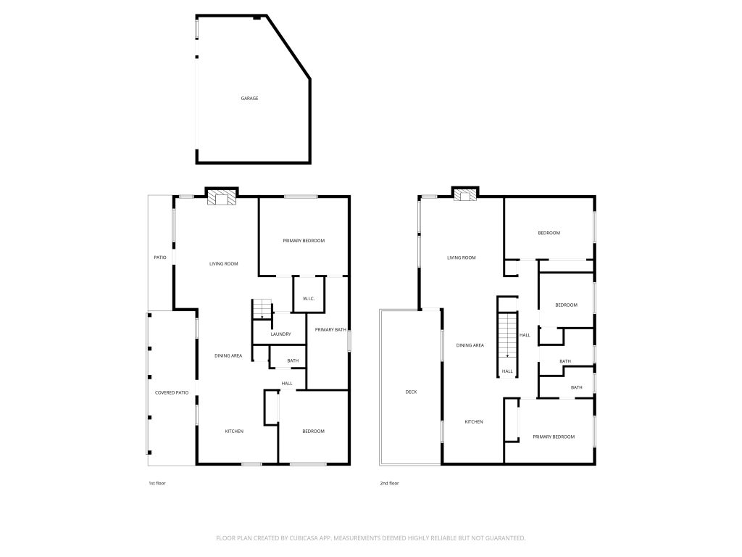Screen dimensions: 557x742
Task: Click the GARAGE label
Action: coord(249,99)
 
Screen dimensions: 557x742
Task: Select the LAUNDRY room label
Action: coord(280,334)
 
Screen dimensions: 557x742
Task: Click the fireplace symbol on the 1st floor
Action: coord(221,197)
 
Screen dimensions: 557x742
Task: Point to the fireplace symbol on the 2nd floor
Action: coord(464,194)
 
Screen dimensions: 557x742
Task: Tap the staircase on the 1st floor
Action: coord(261,310)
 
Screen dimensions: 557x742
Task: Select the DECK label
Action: coord(411,392)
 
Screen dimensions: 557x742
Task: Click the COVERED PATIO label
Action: coord(172,392)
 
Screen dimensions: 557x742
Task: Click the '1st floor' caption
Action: coord(157,483)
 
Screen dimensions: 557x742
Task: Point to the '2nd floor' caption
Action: coord(389,483)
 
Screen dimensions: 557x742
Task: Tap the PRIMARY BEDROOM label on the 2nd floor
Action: coord(554,437)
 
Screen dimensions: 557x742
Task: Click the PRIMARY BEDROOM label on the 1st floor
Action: coord(304,241)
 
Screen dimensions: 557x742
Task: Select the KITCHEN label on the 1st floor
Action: coord(233,432)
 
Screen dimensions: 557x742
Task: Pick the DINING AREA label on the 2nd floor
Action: coord(470,345)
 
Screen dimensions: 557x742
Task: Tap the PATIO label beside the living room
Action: coord(160,257)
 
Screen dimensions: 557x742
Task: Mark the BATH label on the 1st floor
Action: coord(293,360)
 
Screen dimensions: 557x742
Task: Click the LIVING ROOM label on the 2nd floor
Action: coord(461,257)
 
